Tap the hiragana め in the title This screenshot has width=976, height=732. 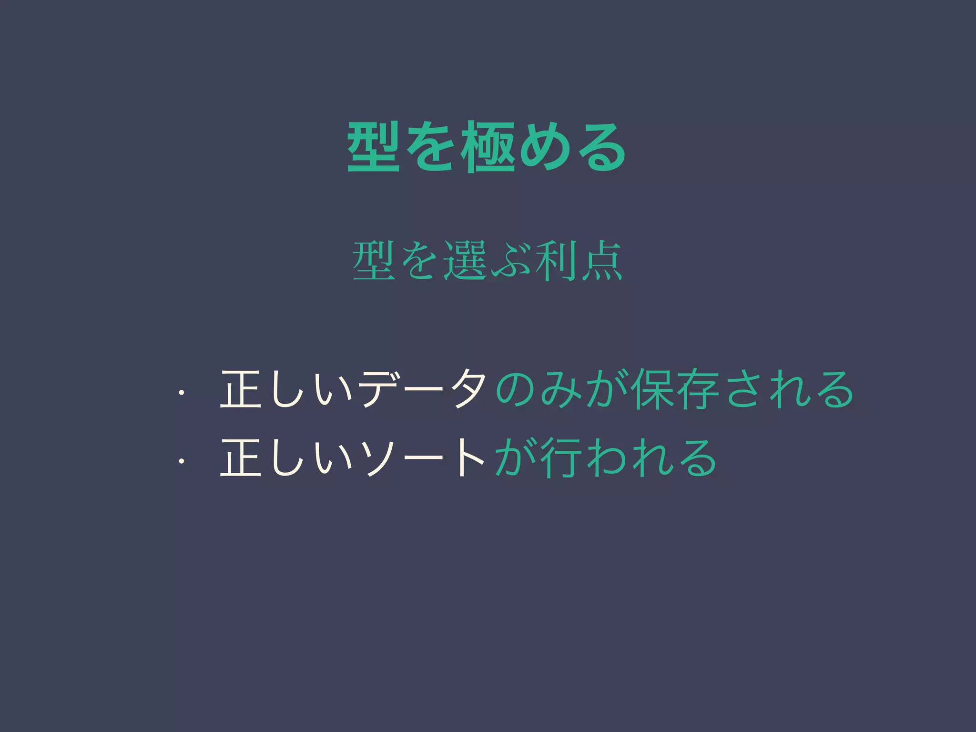(x=544, y=147)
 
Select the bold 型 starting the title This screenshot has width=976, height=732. (x=373, y=147)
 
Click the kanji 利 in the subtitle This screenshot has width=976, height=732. (x=554, y=261)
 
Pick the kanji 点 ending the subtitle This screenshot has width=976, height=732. (x=600, y=261)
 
